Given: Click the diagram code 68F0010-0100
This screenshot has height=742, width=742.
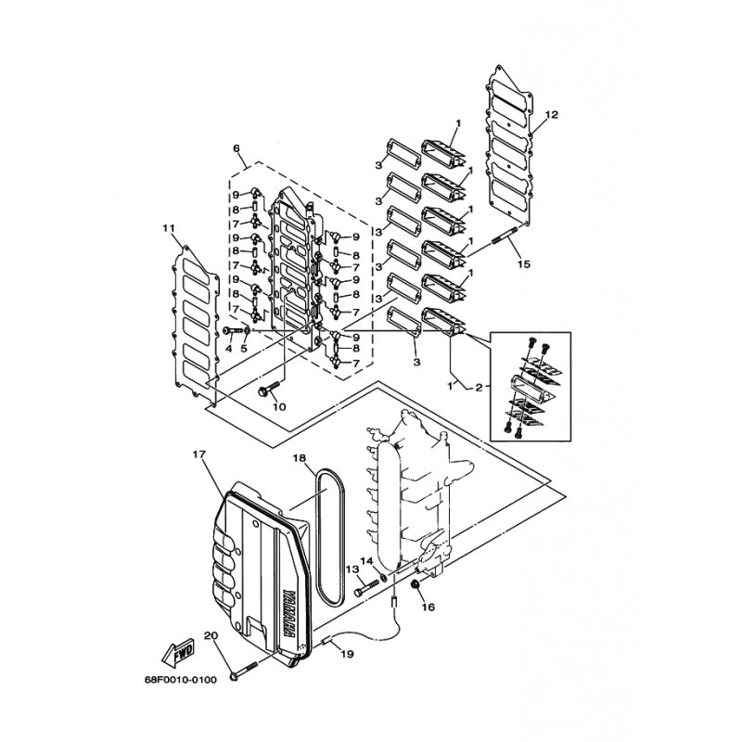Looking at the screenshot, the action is tap(181, 680).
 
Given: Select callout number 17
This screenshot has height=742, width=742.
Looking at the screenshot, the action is tap(199, 454).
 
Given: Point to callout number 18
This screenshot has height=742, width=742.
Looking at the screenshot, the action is tap(299, 458).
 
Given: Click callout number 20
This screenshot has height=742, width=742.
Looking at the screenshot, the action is tap(211, 635).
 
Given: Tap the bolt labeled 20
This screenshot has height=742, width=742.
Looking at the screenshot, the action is tap(244, 672).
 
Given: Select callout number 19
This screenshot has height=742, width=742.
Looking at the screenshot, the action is tap(347, 655).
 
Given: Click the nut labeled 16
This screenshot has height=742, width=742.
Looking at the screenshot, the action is tap(416, 586).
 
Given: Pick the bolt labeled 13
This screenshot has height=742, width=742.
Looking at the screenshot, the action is tap(366, 588).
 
